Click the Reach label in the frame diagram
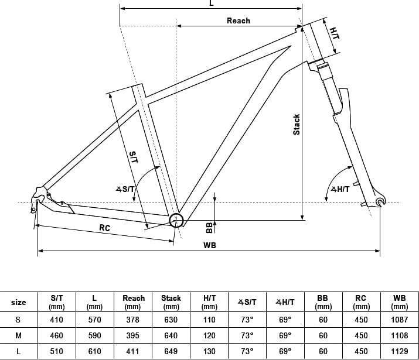point(239,21)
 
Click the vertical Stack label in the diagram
point(297,125)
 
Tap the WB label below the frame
point(210,245)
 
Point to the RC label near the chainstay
point(105,228)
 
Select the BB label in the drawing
point(210,228)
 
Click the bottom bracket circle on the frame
point(176,221)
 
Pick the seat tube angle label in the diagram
point(125,189)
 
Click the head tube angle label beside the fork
point(340,189)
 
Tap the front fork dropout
point(380,202)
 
